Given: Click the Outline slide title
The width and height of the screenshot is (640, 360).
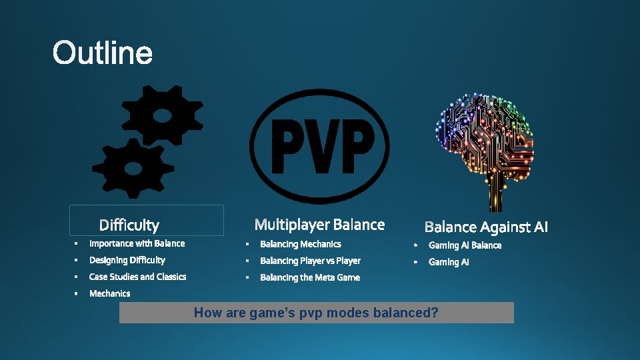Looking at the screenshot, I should (103, 53).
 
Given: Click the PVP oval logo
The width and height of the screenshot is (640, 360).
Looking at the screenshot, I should (319, 147).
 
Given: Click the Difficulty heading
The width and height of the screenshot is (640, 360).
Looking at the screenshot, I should (129, 225).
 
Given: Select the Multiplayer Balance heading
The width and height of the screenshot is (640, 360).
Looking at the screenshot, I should (319, 225).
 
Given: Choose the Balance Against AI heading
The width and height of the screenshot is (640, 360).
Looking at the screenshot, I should (486, 227).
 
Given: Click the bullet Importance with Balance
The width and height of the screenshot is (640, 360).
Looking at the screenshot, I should (137, 243).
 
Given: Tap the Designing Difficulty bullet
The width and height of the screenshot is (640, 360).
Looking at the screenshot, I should (127, 260).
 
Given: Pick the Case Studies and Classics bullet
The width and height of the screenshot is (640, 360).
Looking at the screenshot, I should (137, 277).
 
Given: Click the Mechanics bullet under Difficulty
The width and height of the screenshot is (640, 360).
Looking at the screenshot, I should (109, 293).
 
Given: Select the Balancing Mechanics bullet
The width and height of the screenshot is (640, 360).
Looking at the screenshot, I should (300, 244).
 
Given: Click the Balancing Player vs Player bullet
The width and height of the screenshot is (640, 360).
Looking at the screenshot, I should (310, 261).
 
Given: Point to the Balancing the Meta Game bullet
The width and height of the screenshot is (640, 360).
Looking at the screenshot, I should (309, 277).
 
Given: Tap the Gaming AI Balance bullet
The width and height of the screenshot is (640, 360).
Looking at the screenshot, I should (465, 245).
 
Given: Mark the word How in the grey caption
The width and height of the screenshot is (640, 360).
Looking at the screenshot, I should (207, 313).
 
